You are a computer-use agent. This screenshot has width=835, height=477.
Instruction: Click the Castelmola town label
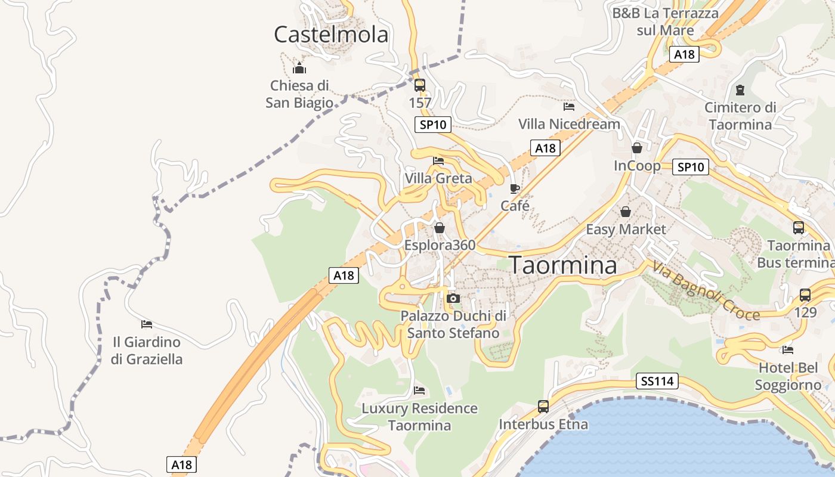tap(331, 35)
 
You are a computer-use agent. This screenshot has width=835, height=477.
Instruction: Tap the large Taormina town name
tap(562, 265)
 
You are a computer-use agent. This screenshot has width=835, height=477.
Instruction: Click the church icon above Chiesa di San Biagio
tap(299, 68)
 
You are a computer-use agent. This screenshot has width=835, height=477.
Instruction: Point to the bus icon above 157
tap(420, 85)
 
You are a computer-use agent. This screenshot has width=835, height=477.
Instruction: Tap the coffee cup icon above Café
tap(515, 189)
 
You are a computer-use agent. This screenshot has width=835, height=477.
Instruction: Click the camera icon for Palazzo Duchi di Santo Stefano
tap(453, 298)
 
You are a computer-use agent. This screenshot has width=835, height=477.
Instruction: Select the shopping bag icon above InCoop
tap(637, 148)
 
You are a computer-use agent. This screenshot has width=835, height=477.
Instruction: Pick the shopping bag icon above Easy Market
tap(626, 212)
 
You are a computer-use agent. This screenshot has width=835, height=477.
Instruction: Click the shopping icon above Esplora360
tap(440, 228)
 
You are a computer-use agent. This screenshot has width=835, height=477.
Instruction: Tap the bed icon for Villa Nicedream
tap(569, 107)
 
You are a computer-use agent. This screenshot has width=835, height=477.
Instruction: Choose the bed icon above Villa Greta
tap(438, 160)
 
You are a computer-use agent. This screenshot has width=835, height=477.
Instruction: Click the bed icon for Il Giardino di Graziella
tap(147, 324)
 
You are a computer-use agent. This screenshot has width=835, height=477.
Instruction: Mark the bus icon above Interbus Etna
tap(543, 407)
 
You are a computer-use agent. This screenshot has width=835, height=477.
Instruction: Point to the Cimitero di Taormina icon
tap(740, 91)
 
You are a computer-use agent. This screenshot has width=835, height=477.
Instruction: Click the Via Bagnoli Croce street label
tap(706, 290)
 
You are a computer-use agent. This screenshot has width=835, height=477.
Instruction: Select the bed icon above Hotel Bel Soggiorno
tap(788, 350)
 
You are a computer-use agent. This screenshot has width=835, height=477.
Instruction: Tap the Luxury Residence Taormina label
tap(420, 417)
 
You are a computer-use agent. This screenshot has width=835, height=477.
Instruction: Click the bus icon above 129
tap(805, 295)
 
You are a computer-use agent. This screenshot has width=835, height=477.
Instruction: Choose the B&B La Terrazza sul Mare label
tap(666, 21)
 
